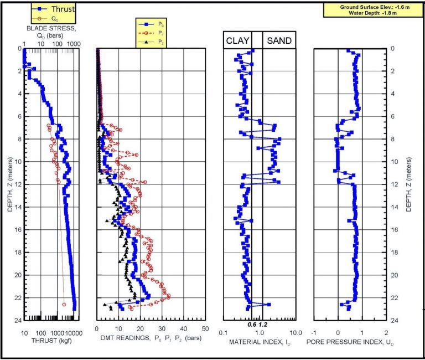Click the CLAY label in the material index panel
(x=237, y=40)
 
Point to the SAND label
(x=279, y=40)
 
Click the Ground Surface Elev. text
(x=373, y=7)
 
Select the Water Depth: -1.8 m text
(x=373, y=13)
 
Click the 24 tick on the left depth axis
(x=18, y=321)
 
